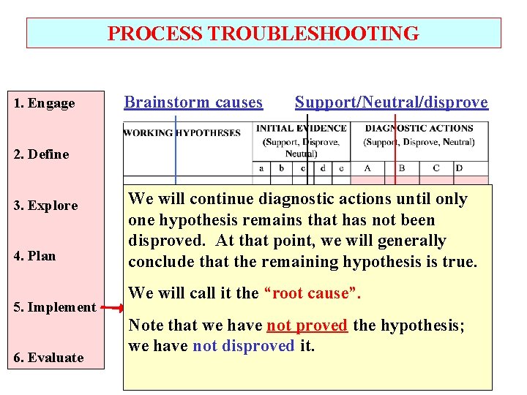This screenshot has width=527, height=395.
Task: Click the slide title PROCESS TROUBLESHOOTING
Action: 263,34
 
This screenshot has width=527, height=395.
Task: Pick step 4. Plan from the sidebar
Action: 35,256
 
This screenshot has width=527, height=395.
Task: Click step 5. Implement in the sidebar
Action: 55,307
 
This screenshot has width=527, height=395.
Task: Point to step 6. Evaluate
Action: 48,358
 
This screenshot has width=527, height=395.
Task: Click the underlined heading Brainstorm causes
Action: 193,102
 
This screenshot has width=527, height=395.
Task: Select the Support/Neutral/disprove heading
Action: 391,102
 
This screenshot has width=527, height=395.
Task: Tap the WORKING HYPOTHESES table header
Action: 182,133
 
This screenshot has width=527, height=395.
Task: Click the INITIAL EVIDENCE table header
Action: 301,129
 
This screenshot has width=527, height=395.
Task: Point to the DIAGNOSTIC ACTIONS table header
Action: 419,129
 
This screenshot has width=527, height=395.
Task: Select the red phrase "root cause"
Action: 317,293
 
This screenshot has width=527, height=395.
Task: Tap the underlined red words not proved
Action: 307,325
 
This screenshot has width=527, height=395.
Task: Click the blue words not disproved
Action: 243,345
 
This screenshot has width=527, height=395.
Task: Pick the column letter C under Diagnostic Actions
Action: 436,168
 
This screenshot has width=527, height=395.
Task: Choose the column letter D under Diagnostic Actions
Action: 459,168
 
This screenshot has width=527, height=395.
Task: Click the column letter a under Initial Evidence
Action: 261,168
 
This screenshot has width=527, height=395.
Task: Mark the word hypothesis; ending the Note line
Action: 419,325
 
